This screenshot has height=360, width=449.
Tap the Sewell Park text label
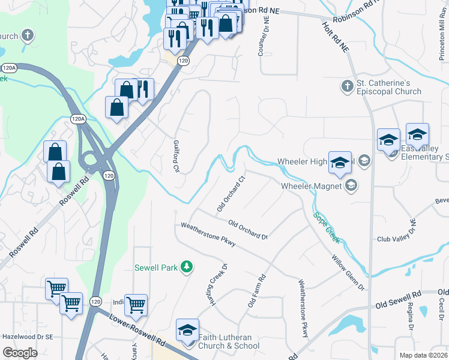pyautogui.click(x=156, y=268)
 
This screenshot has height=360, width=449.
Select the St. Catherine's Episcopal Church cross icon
pyautogui.click(x=346, y=87)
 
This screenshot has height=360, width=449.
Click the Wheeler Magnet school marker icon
pyautogui.click(x=351, y=186)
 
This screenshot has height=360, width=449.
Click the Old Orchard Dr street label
pyautogui.click(x=247, y=229)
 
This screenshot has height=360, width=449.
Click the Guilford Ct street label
pyautogui.click(x=176, y=155)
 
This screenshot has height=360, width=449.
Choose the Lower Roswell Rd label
pyautogui.click(x=137, y=329)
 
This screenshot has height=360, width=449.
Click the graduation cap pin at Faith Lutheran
pyautogui.click(x=187, y=331)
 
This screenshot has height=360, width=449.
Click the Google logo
pyautogui.click(x=20, y=353)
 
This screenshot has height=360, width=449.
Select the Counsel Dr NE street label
pyautogui.click(x=261, y=38)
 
